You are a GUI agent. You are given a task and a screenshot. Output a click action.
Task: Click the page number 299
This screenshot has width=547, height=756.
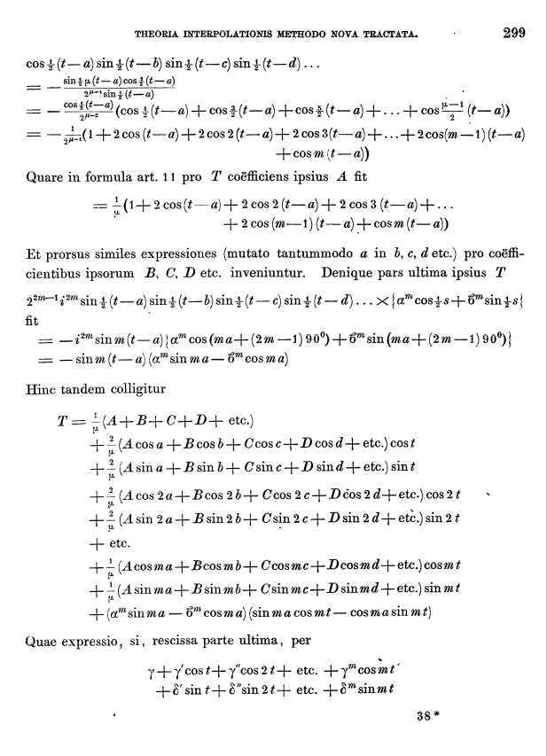pos(514,34)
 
